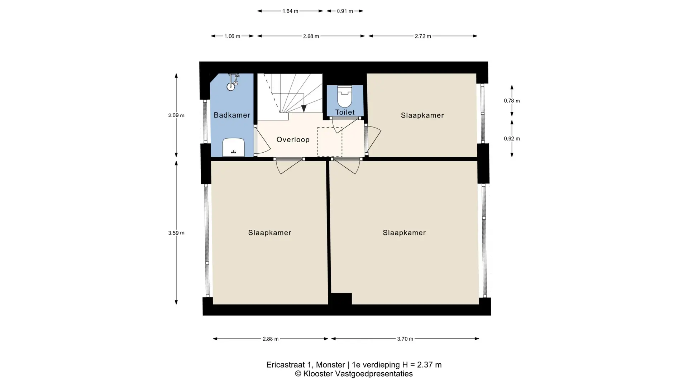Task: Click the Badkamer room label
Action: tap(232, 115)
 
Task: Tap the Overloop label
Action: tap(293, 140)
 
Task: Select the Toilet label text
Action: tap(345, 112)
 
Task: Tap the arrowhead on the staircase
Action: tap(304, 109)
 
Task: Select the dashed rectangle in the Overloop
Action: tap(330, 142)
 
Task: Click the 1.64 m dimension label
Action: tap(290, 11)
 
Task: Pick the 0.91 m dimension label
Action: tap(345, 11)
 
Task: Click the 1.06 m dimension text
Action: tap(232, 36)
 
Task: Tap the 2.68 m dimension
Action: tap(311, 36)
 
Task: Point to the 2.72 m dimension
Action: tap(423, 36)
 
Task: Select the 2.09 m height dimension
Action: tap(176, 115)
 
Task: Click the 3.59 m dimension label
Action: tap(176, 233)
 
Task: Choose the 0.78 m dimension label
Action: tap(512, 101)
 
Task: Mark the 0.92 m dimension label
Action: tap(512, 139)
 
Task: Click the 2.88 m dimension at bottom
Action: tap(271, 339)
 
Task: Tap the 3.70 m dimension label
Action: tap(405, 339)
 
